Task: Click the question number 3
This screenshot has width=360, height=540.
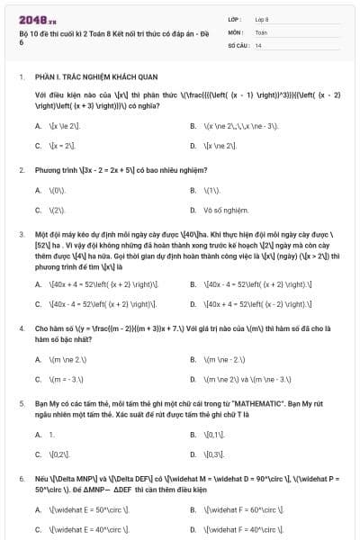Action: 21,233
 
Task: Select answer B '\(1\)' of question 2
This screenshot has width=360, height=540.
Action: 212,190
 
